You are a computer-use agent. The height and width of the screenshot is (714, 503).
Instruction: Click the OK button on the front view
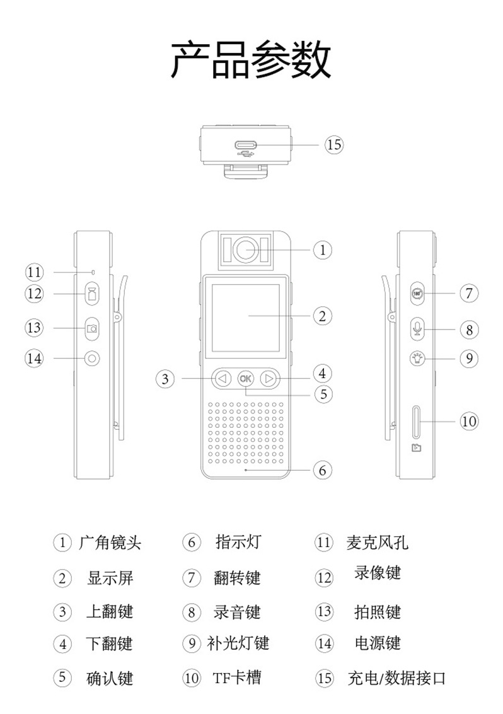click(x=245, y=379)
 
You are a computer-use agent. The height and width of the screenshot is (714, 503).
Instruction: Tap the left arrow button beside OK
click(x=221, y=379)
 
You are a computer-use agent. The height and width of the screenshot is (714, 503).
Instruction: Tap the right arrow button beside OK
click(x=269, y=379)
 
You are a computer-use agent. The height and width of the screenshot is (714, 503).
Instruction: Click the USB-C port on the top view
click(x=246, y=145)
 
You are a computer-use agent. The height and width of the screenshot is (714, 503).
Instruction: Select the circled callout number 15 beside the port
click(x=334, y=145)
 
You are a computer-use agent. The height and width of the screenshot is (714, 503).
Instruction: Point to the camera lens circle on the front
click(x=246, y=250)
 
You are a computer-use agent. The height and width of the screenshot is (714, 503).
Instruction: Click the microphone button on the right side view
click(x=417, y=328)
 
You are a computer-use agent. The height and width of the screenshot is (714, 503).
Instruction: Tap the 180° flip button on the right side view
click(x=417, y=293)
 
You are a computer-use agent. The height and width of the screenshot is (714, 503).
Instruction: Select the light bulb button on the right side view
click(x=417, y=359)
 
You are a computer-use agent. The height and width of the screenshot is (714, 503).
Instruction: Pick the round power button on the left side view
click(x=93, y=359)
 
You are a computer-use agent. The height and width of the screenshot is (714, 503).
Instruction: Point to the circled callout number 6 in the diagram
click(x=322, y=470)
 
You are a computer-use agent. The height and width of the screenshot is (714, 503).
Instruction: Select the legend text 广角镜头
click(x=110, y=543)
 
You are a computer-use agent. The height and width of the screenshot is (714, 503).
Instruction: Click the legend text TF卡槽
click(x=236, y=678)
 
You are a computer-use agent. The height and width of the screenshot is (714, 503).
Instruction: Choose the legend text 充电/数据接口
click(x=397, y=679)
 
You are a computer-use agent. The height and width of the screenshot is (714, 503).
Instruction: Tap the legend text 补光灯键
click(x=238, y=643)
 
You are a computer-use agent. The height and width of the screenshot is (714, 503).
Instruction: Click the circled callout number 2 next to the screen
click(x=322, y=316)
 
